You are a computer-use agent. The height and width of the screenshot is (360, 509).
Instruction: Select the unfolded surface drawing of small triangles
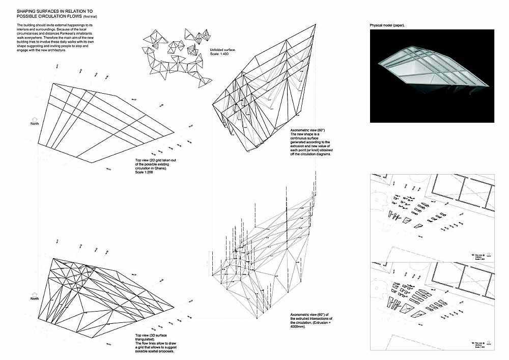pyautogui.click(x=178, y=56)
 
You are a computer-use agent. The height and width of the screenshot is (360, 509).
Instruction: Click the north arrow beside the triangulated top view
pyautogui.click(x=35, y=294)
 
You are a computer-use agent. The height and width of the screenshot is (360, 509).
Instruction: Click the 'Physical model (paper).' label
pyautogui.click(x=390, y=25)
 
